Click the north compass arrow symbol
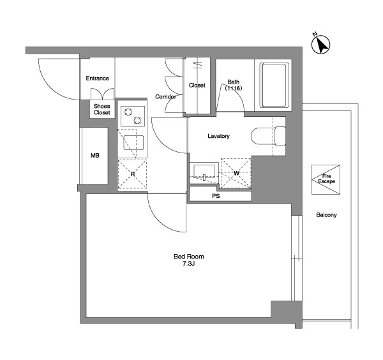pos(320,44)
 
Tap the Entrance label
pos(97,79)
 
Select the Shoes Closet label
pos(102,109)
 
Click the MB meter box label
pos(95,155)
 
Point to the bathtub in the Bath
pos(273,85)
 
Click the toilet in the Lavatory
pos(268,136)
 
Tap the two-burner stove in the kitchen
pos(133,116)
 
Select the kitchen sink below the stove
pos(133,142)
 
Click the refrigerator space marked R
pos(132,174)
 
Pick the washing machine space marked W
pos(236,173)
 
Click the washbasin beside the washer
pos(204,172)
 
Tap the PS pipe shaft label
pos(216,196)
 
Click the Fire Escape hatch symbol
pos(326,179)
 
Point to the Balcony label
pos(326,215)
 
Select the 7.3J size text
pos(188,264)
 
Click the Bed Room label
pos(188,257)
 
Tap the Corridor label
pos(165,97)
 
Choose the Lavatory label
pos(218,136)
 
